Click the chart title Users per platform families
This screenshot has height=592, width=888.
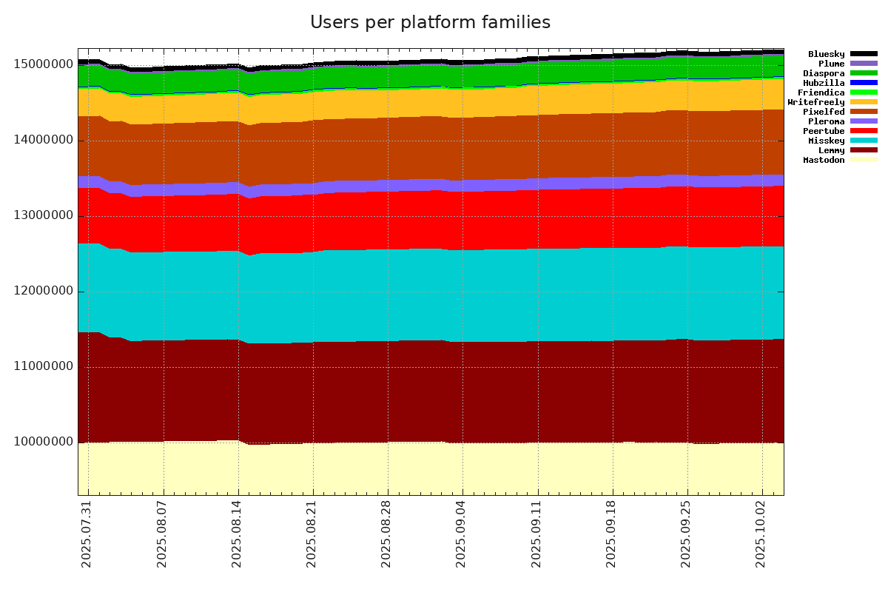(430, 22)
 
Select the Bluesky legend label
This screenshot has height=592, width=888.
(826, 54)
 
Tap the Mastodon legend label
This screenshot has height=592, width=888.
(824, 160)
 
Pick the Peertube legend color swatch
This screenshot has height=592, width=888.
(863, 131)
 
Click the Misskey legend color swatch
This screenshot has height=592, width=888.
(863, 141)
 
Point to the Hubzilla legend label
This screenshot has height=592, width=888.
(824, 83)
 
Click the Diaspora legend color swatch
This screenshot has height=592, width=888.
(863, 73)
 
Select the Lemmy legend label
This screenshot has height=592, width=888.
(831, 150)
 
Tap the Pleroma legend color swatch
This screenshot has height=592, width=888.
(863, 121)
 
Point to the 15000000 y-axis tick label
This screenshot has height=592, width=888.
(44, 64)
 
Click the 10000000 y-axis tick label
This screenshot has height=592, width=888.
(44, 443)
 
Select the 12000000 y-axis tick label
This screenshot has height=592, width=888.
(44, 291)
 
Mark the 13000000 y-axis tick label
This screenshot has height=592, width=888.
(44, 215)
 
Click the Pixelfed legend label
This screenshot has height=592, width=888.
(824, 112)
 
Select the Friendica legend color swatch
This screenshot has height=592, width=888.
(863, 92)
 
